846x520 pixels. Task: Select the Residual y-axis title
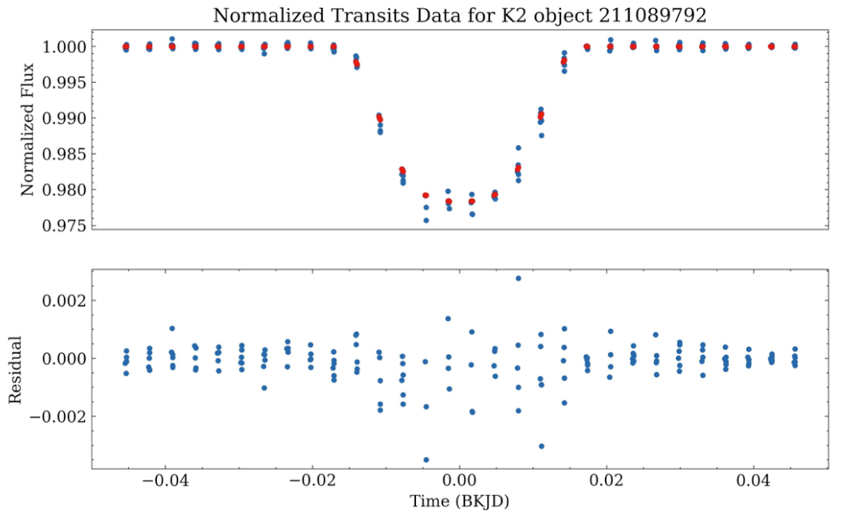[15, 369]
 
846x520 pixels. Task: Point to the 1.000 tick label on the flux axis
[64, 47]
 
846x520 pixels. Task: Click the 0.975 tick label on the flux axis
[64, 226]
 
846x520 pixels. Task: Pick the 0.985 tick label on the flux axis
[64, 155]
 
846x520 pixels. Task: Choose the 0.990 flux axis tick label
[64, 119]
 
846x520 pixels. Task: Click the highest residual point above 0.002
[518, 278]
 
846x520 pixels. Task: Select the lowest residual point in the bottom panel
[426, 460]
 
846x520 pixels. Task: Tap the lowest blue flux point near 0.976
[426, 220]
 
